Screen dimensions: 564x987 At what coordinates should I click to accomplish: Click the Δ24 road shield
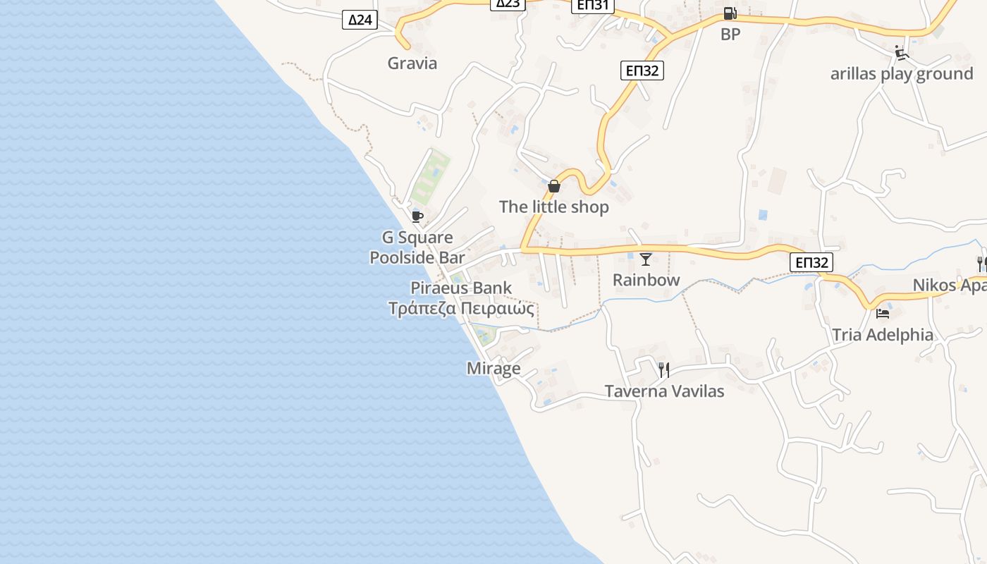(x=360, y=20)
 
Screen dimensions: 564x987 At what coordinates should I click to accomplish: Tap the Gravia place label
(x=412, y=63)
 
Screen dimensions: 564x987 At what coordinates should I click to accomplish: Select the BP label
(x=730, y=34)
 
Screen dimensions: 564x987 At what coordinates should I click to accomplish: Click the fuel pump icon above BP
(x=730, y=13)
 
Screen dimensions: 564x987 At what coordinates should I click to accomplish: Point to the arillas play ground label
(x=902, y=74)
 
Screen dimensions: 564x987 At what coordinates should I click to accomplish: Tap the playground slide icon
(x=901, y=53)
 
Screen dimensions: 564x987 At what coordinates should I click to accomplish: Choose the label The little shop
(x=554, y=207)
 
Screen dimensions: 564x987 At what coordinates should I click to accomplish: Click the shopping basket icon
(x=554, y=186)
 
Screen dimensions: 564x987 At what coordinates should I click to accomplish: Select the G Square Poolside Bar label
(x=417, y=247)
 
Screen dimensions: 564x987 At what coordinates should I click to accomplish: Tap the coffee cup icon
(x=417, y=216)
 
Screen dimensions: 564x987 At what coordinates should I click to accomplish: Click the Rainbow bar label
(x=646, y=280)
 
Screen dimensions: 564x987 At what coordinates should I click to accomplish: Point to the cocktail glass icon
(x=646, y=259)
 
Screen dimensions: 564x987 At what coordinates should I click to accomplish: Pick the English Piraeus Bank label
(x=461, y=288)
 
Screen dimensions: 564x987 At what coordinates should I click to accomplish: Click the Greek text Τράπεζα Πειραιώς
(x=461, y=309)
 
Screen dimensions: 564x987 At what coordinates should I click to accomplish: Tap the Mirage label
(x=493, y=368)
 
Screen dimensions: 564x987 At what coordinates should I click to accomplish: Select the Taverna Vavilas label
(x=664, y=391)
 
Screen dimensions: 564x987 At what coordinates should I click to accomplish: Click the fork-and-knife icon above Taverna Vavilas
(x=663, y=369)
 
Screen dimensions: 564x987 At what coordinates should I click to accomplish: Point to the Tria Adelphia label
(x=883, y=335)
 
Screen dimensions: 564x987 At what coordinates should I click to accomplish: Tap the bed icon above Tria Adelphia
(x=883, y=314)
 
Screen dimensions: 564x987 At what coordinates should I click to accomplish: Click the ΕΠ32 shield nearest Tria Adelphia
(x=811, y=262)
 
